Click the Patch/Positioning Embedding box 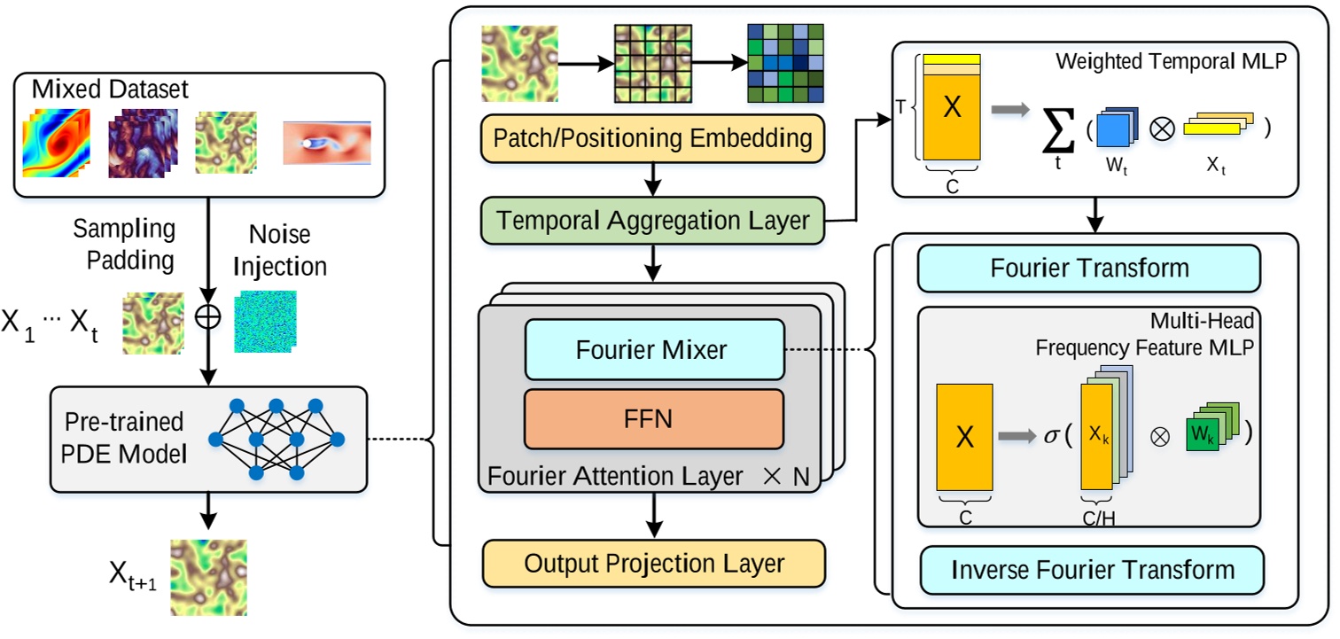[652, 139]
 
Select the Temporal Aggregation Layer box [652, 220]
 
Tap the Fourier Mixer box [652, 349]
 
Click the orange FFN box [652, 418]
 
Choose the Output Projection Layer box [652, 563]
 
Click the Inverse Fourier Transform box [1092, 569]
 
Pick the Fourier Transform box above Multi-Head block [1089, 269]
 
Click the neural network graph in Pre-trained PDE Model [277, 439]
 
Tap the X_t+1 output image [209, 576]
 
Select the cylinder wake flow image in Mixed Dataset [326, 144]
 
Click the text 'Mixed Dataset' [110, 90]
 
